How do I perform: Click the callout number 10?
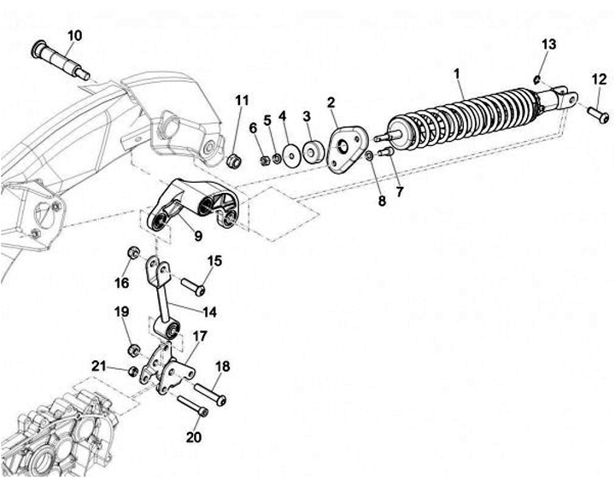tap(74, 35)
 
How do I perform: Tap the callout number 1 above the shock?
tap(458, 74)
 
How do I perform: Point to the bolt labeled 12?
tap(596, 112)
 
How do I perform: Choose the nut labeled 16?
tap(134, 253)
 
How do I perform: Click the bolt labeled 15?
tap(192, 286)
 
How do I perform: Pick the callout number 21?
tap(99, 366)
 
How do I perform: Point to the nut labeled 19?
tap(134, 349)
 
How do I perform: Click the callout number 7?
tap(399, 192)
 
